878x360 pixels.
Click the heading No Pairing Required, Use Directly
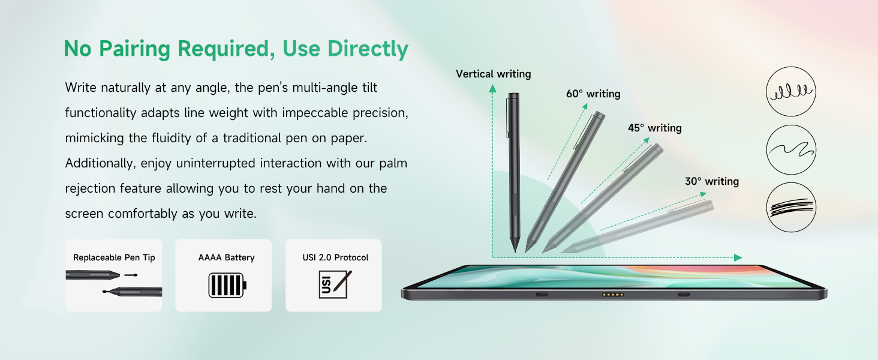[x=236, y=49]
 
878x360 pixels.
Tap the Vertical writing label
[x=493, y=74]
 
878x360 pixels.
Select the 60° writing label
[x=593, y=94]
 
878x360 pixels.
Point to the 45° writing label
[x=654, y=128]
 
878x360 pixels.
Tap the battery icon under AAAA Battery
[x=227, y=285]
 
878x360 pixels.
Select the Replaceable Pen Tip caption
[x=114, y=257]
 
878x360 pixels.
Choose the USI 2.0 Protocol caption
[x=335, y=257]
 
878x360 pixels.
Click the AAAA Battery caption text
[x=226, y=257]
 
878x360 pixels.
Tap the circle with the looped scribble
[x=791, y=91]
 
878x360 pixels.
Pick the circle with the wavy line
[x=791, y=149]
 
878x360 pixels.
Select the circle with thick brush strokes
[x=791, y=208]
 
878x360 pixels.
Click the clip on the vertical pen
[x=508, y=117]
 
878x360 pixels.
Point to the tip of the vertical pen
[x=515, y=249]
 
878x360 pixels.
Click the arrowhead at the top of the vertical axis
[x=492, y=88]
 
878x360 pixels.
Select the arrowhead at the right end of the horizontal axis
[x=738, y=257]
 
